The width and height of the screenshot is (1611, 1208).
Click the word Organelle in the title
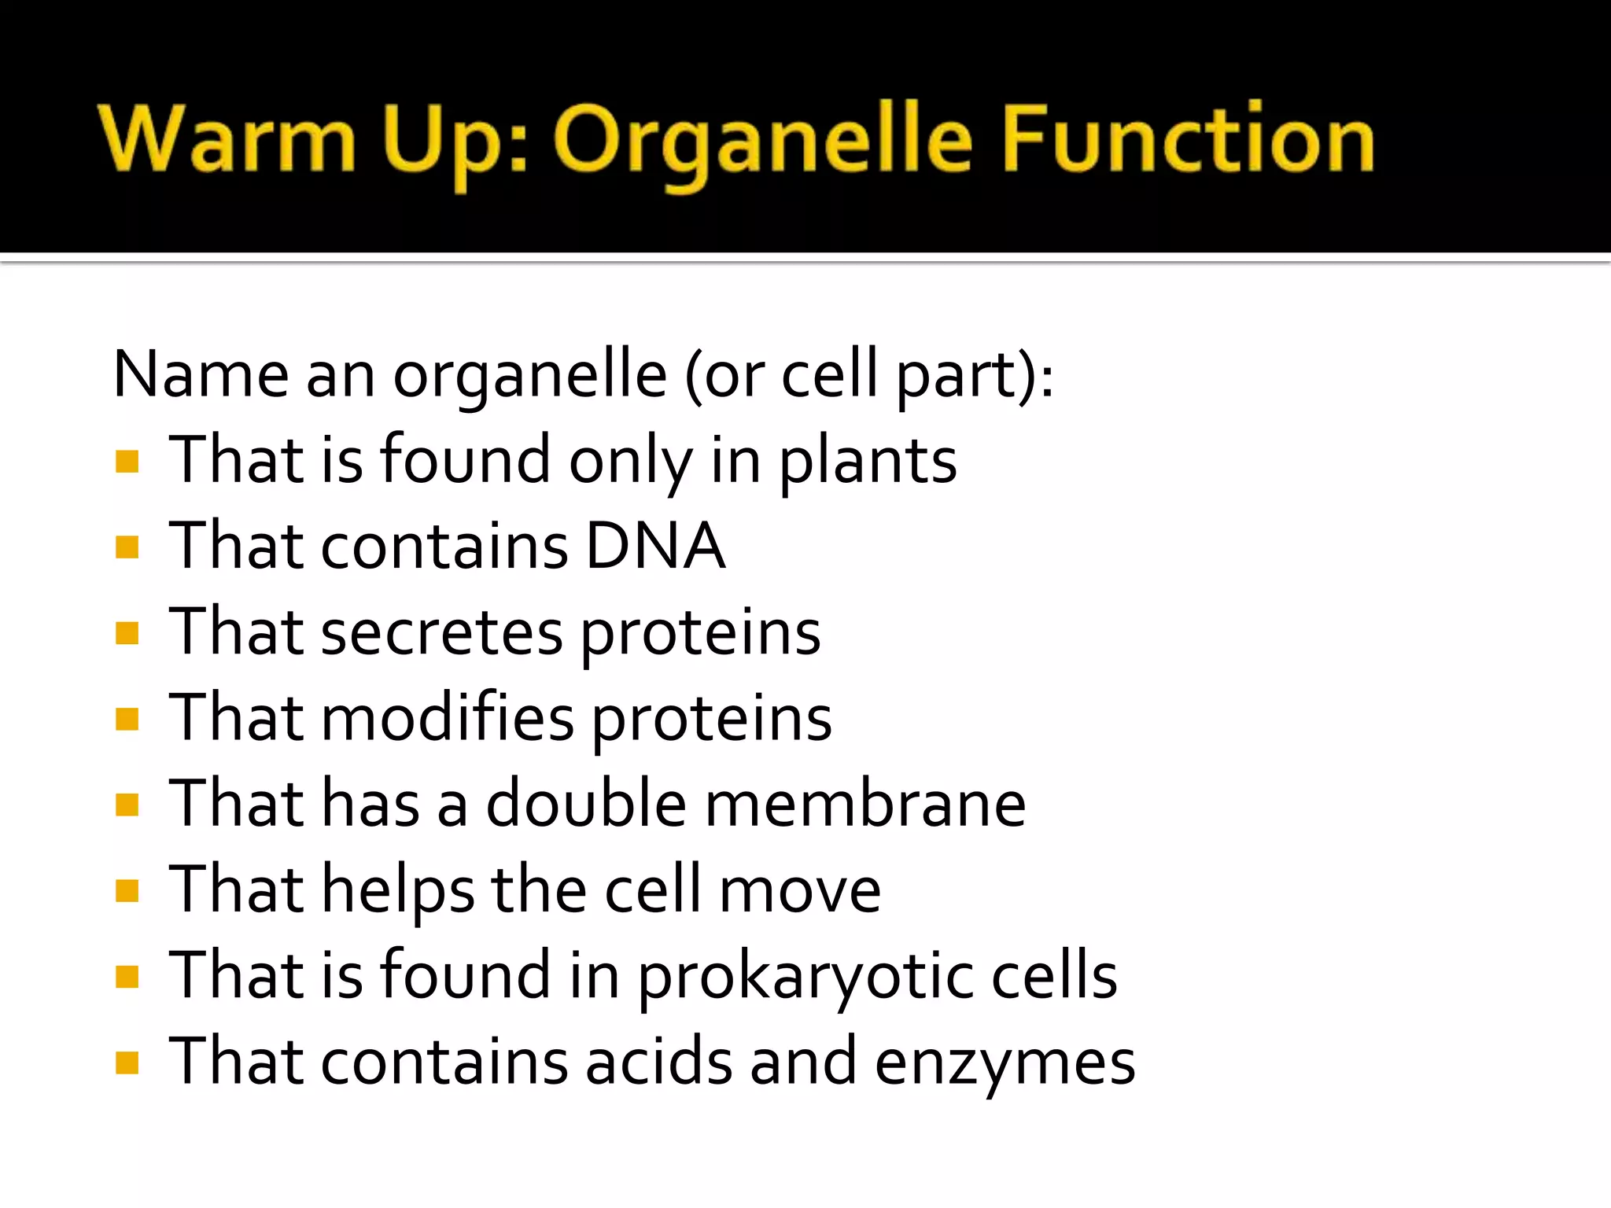[x=763, y=142]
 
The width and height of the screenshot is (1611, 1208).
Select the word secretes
[x=442, y=633]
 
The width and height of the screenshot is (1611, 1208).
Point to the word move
[x=800, y=891]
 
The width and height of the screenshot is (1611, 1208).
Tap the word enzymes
[x=1005, y=1063]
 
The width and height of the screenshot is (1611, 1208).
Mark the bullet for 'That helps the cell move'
[x=127, y=891]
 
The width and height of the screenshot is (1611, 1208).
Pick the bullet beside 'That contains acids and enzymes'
[x=127, y=1063]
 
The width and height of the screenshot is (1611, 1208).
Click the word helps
[x=398, y=891]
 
